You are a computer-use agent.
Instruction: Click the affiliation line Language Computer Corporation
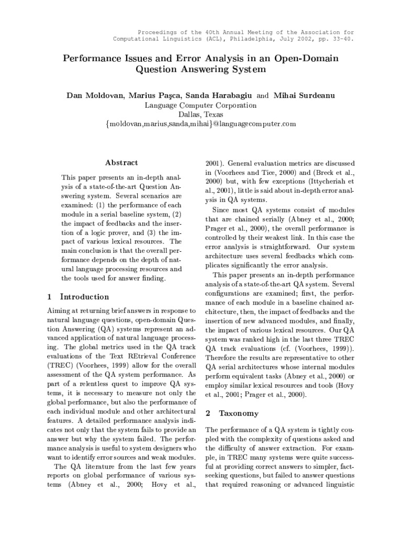click(x=200, y=105)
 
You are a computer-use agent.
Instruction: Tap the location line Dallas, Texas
click(x=200, y=115)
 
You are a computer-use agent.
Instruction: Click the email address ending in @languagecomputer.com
click(x=200, y=124)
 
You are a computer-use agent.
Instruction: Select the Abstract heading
click(x=121, y=163)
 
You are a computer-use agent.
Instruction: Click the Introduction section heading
click(x=84, y=297)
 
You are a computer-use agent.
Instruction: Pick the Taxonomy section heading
click(x=238, y=413)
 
